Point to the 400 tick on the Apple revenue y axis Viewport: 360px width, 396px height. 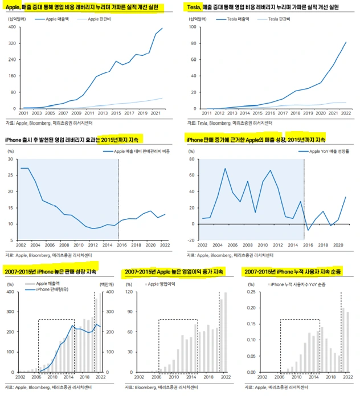click(13, 27)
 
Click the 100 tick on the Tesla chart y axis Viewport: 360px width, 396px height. click(192, 27)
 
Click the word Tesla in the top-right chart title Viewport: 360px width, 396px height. click(195, 7)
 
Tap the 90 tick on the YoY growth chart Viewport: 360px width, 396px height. click(192, 160)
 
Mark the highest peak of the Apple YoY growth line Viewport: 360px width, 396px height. click(226, 169)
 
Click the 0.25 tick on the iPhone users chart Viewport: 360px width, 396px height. click(250, 293)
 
